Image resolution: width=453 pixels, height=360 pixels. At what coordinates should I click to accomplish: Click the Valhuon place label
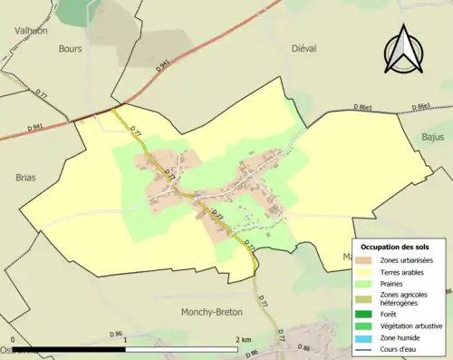pyautogui.click(x=30, y=30)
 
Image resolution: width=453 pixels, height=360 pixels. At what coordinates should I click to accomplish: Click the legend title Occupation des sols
pyautogui.click(x=395, y=248)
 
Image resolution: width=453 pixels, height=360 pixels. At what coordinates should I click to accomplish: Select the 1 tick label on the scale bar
pyautogui.click(x=124, y=339)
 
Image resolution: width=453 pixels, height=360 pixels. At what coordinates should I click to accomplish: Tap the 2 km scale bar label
pyautogui.click(x=241, y=339)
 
